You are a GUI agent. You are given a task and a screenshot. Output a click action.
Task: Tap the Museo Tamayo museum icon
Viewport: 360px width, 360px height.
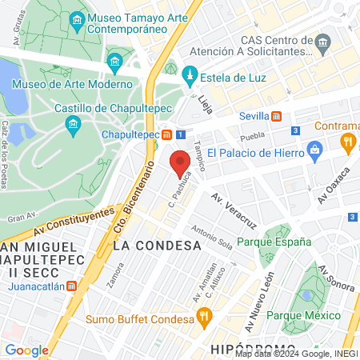78,19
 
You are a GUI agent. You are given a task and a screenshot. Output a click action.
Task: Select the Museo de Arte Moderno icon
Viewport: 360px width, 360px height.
115,61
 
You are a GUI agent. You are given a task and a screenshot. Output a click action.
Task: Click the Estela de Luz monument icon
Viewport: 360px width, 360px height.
190,77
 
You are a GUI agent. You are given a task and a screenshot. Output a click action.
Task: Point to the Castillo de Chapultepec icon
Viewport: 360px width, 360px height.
74,125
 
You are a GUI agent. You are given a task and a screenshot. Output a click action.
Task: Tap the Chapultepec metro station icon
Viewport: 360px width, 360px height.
166,134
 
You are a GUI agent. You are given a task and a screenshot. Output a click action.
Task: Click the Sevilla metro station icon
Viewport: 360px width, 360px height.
276,116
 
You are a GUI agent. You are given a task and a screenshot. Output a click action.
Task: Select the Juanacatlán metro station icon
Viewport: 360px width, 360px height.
72,286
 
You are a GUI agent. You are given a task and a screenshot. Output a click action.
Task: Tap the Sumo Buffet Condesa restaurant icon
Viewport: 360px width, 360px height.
204,316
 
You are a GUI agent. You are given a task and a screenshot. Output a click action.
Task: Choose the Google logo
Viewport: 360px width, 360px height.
26,350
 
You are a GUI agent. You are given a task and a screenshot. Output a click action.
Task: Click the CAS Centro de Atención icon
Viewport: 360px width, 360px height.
323,41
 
